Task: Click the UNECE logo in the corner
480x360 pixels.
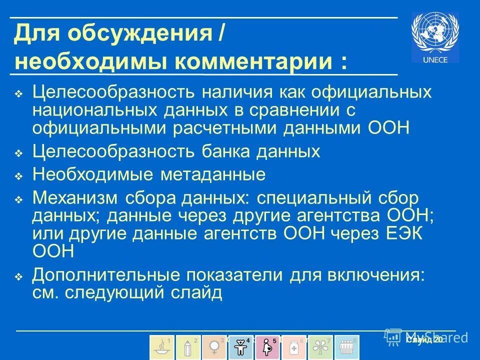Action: coord(435,37)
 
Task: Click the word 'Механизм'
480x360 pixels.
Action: coord(74,198)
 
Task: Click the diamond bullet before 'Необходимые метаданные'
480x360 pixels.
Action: coord(18,176)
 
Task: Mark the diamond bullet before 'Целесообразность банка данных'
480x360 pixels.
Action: coord(18,152)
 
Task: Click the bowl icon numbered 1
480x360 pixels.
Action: coord(162,346)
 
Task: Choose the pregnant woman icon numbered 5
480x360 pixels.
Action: coord(267,346)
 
